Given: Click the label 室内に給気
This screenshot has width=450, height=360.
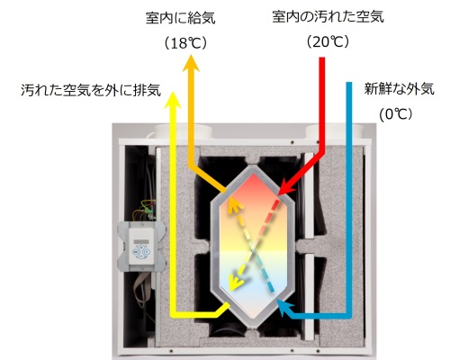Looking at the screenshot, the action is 181,18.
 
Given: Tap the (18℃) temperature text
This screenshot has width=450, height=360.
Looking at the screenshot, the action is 185,44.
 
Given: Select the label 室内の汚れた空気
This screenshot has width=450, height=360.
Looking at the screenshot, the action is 328,16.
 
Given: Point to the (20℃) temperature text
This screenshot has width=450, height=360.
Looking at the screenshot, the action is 328,42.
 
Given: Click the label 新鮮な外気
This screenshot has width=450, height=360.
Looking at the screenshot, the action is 400,89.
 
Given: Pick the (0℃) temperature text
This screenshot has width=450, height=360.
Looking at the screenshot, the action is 396,114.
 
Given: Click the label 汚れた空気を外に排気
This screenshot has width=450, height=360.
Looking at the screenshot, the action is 91,90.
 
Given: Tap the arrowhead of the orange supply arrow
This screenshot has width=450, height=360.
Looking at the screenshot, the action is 191,63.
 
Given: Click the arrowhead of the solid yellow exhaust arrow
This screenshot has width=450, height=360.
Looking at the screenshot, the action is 173,100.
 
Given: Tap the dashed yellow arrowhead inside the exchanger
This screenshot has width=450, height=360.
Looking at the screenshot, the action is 235,283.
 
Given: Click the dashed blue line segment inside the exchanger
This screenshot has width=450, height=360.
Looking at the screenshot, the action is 265,271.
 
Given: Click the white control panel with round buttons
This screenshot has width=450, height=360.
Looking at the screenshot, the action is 141,247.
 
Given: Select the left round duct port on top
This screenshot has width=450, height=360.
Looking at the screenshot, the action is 183,131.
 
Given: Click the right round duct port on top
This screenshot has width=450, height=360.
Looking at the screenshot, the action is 335,131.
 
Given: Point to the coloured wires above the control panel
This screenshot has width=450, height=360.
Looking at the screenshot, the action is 146,210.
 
